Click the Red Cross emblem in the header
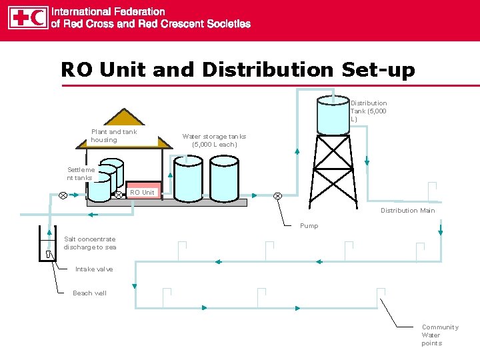pyautogui.click(x=19, y=18)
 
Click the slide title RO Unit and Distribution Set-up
pyautogui.click(x=237, y=69)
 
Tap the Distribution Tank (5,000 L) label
pyautogui.click(x=369, y=111)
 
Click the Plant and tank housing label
pyautogui.click(x=113, y=135)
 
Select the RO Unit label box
pyautogui.click(x=142, y=192)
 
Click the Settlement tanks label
pyautogui.click(x=80, y=173)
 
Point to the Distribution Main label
pyautogui.click(x=407, y=211)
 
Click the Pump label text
pyautogui.click(x=309, y=226)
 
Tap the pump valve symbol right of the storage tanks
pyautogui.click(x=277, y=195)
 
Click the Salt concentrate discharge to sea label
pyautogui.click(x=89, y=243)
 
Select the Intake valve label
pyautogui.click(x=94, y=269)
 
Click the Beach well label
pyautogui.click(x=89, y=293)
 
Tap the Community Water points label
pyautogui.click(x=439, y=335)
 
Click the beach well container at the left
pyautogui.click(x=48, y=244)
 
